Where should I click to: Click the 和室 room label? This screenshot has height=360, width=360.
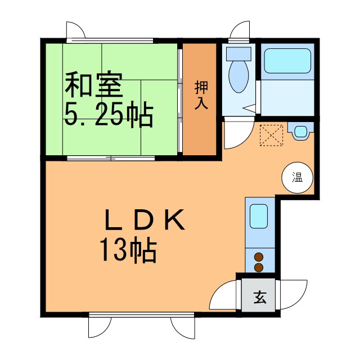93,85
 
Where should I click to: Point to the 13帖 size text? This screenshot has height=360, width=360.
128,251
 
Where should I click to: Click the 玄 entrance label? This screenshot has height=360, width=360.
259,296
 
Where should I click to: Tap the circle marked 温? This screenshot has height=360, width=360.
296,178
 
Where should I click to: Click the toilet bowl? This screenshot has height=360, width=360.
238,77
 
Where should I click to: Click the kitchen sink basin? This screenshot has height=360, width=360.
259,216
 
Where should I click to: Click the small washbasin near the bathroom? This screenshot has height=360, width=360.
300,132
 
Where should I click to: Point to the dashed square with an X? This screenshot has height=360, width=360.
271,134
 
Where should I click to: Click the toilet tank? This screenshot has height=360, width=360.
238,54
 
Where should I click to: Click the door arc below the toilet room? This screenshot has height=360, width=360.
236,136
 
